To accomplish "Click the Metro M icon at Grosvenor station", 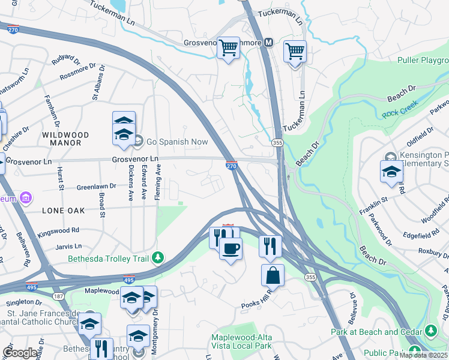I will pos(268,43).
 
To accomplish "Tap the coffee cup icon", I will pos(231,248).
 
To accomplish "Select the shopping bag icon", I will pos(273,276).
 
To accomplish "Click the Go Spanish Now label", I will pos(178,142).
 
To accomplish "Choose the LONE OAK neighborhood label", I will pos(60,211).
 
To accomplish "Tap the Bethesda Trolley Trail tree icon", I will pos(158,257).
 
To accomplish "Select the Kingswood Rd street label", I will pos(59,230).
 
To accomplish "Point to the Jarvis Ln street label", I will pos(68,246).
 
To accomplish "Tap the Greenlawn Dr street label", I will pos(95,187).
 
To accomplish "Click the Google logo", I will pos(20,353).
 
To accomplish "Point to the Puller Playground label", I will pos(423,61).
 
